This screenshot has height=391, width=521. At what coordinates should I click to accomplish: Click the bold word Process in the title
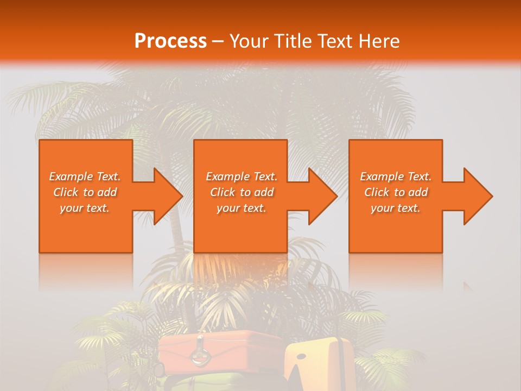pos(170,41)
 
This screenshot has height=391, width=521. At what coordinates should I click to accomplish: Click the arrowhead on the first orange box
pos(163,196)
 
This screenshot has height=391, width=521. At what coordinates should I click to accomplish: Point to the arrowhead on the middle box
pos(319,196)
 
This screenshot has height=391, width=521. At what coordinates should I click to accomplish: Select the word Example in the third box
pos(379,176)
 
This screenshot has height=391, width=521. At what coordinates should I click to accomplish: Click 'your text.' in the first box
pos(85,208)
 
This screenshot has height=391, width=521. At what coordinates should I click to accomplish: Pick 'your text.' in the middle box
pos(241,208)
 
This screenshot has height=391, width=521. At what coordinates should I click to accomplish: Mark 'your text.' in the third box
pos(396,208)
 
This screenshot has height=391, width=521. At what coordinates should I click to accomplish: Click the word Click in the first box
pos(66,192)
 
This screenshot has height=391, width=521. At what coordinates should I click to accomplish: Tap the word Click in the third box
pos(377,192)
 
